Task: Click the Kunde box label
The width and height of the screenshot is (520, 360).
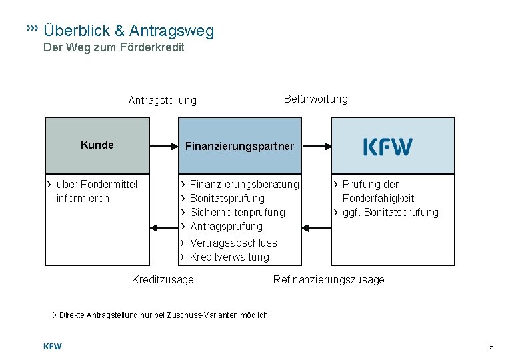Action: (x=97, y=145)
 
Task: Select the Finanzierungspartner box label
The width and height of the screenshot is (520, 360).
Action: (x=239, y=146)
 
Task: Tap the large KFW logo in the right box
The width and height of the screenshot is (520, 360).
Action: (x=388, y=147)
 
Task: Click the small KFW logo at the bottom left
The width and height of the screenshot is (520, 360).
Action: (x=53, y=346)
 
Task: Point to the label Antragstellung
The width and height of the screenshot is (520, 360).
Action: (x=162, y=101)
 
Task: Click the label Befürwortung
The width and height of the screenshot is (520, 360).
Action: (x=315, y=99)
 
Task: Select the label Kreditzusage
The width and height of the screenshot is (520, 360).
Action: (x=163, y=279)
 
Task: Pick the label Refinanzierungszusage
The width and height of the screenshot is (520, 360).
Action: (x=329, y=279)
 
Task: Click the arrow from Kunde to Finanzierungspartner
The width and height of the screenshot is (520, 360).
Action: (x=164, y=145)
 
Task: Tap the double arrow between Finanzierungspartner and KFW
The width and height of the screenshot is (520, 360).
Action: (x=317, y=146)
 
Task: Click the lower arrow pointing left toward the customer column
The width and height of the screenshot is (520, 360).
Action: (x=164, y=228)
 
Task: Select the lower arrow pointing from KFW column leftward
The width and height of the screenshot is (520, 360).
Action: (x=317, y=228)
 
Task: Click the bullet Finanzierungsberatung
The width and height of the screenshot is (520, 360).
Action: (x=244, y=184)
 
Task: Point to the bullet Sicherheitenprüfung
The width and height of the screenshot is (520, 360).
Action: (x=237, y=212)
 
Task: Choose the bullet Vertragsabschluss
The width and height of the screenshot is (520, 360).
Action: (x=233, y=243)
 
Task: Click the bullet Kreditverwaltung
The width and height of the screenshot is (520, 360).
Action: (x=229, y=257)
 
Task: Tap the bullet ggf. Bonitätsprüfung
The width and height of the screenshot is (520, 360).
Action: (x=390, y=212)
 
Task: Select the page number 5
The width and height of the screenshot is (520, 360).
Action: (x=491, y=347)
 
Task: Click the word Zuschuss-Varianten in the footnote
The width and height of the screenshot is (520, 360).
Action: (x=201, y=315)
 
